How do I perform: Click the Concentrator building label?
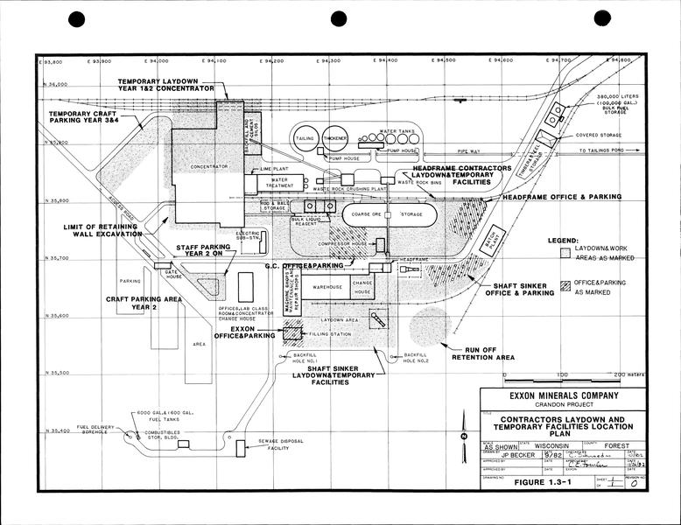pos(196,165)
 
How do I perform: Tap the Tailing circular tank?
pos(305,138)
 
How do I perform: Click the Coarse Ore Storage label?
pos(390,213)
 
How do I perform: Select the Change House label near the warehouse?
pos(362,288)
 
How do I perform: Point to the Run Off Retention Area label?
pos(482,353)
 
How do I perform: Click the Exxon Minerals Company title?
pos(557,395)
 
